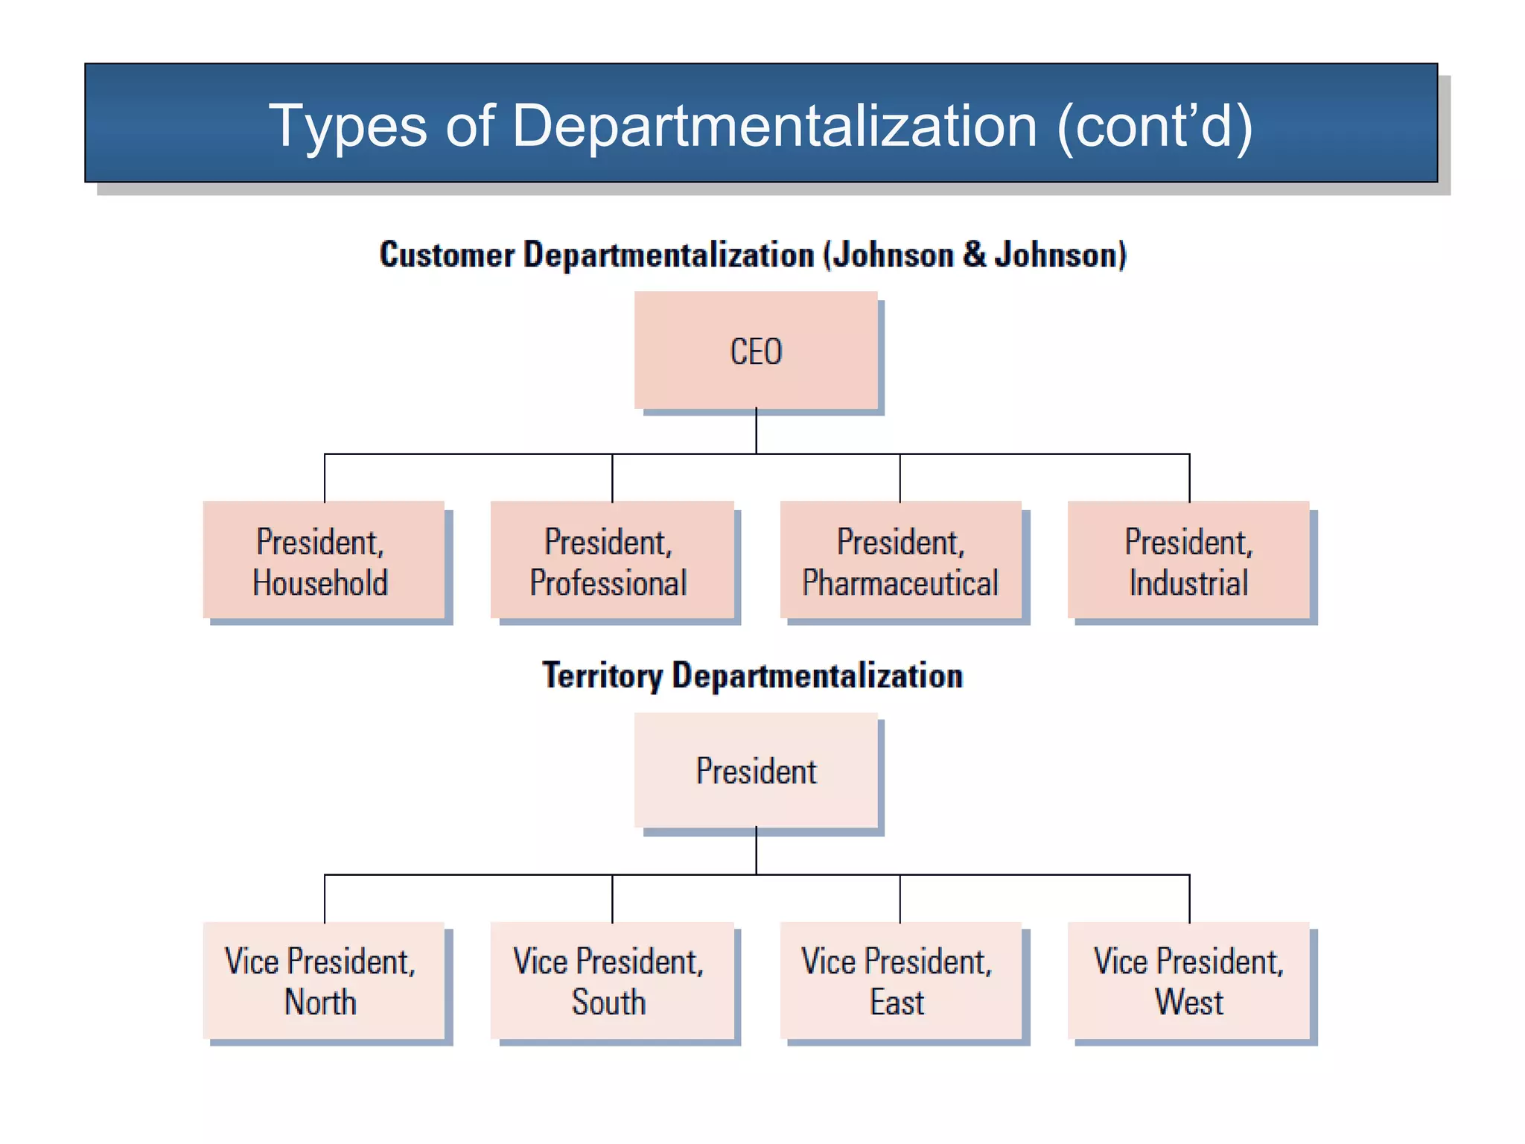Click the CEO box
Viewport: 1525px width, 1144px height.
(x=756, y=350)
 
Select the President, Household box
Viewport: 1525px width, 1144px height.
(x=324, y=560)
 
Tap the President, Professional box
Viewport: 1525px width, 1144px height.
(x=611, y=560)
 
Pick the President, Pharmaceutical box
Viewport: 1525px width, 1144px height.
(x=900, y=560)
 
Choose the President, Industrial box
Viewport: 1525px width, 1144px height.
(x=1188, y=560)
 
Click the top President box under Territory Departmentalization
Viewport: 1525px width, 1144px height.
(x=756, y=770)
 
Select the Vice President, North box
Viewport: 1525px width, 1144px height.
(x=324, y=980)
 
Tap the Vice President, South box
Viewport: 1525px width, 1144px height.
(x=611, y=980)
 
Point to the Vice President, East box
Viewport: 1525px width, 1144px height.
(x=900, y=980)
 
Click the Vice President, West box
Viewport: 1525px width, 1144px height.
(x=1188, y=980)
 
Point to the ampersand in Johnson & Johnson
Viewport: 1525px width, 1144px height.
(x=974, y=255)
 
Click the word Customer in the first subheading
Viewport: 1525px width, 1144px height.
(x=447, y=255)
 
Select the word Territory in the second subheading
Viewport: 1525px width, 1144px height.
(x=602, y=676)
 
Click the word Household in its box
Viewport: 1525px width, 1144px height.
(x=320, y=582)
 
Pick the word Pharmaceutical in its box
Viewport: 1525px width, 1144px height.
(x=900, y=582)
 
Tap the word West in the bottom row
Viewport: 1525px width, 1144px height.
(x=1188, y=1002)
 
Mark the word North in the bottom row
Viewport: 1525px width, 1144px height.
(x=320, y=1002)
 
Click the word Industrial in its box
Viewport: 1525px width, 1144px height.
(x=1188, y=582)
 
